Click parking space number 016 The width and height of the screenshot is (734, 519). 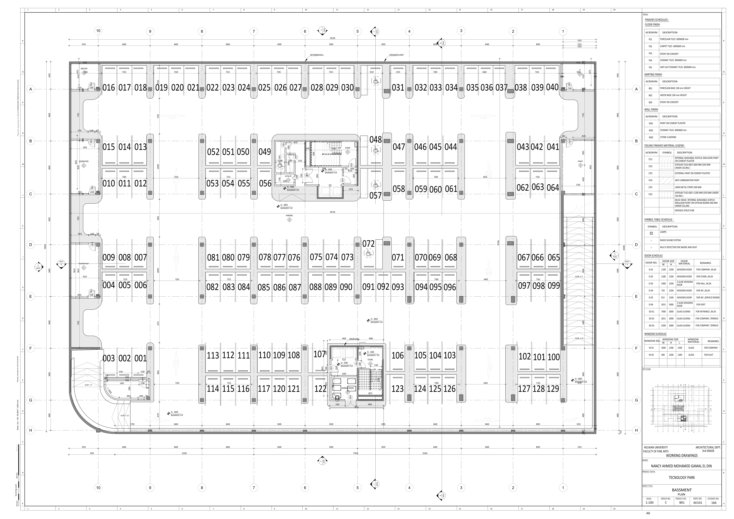109,88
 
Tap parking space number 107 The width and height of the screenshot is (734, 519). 319,354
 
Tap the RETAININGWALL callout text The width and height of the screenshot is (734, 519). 317,55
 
